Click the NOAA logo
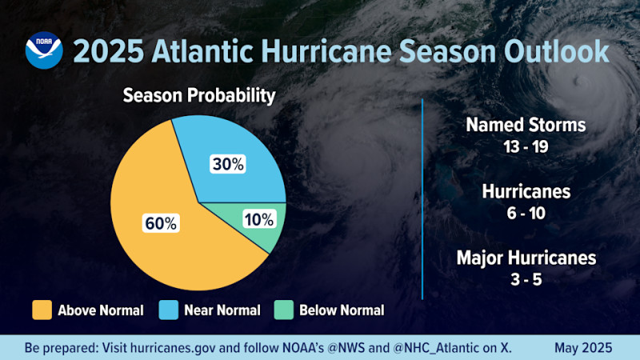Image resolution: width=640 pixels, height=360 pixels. (x=42, y=50)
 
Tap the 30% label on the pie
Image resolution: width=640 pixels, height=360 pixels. (x=228, y=165)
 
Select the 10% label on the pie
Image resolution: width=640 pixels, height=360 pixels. (x=258, y=218)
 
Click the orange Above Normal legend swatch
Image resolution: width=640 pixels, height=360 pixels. (x=41, y=310)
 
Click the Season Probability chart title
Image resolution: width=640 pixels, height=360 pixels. (x=198, y=96)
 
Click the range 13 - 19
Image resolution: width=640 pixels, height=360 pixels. (x=526, y=146)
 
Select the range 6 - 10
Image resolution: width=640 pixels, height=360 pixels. (x=526, y=213)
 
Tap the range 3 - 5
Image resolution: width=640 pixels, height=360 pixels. (x=526, y=279)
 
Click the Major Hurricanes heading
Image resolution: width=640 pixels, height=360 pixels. (x=526, y=258)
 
